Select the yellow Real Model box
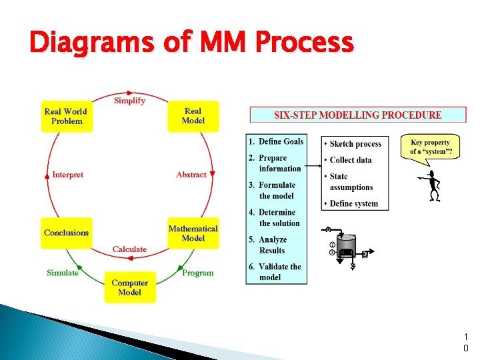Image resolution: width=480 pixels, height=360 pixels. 193,116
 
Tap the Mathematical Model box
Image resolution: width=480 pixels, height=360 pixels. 193,233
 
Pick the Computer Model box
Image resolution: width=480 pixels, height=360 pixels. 129,287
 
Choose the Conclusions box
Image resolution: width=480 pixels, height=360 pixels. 66,233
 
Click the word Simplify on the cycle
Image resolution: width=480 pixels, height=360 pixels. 129,101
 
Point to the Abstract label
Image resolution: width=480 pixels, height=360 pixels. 191,175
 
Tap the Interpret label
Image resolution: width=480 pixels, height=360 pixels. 67,175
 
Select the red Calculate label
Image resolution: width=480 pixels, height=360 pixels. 129,249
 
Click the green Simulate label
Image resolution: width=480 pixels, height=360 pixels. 63,273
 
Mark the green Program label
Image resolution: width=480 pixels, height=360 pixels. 198,273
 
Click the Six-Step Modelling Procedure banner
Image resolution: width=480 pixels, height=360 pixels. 358,115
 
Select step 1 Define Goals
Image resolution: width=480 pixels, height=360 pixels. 276,141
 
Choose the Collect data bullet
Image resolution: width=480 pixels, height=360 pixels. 351,160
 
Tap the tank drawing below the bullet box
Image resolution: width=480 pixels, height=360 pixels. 346,249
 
